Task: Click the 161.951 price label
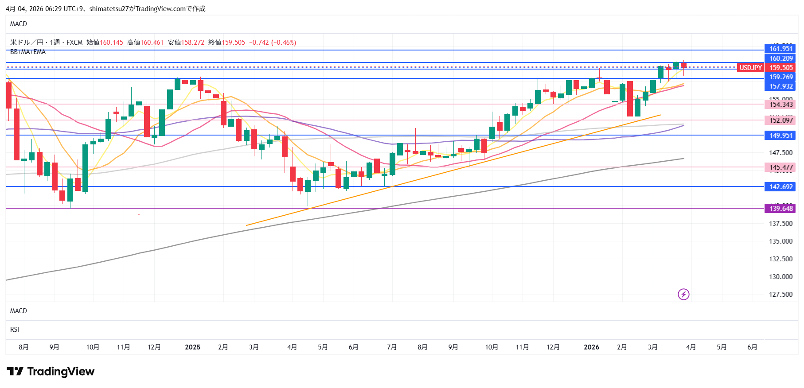[781, 49]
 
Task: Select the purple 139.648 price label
[781, 209]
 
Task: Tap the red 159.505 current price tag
[781, 68]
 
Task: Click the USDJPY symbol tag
[750, 68]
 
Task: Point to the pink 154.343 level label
[781, 105]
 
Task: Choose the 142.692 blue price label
[781, 187]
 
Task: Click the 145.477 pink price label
[781, 167]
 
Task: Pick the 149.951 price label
[781, 136]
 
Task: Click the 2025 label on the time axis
[192, 347]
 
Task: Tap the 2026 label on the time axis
[591, 347]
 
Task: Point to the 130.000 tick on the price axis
[781, 277]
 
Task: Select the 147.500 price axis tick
[781, 153]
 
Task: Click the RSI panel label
[15, 330]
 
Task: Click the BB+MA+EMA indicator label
[28, 52]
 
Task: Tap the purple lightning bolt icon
[683, 294]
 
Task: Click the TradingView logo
[51, 371]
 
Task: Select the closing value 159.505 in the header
[233, 43]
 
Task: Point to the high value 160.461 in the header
[152, 43]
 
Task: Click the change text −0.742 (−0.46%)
[273, 43]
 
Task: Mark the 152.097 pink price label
[781, 120]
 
